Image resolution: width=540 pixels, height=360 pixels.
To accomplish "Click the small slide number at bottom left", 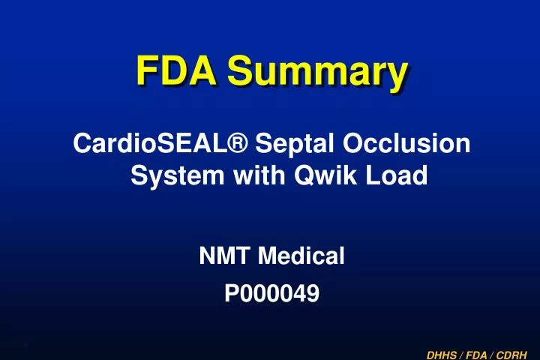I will [x=26, y=345].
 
